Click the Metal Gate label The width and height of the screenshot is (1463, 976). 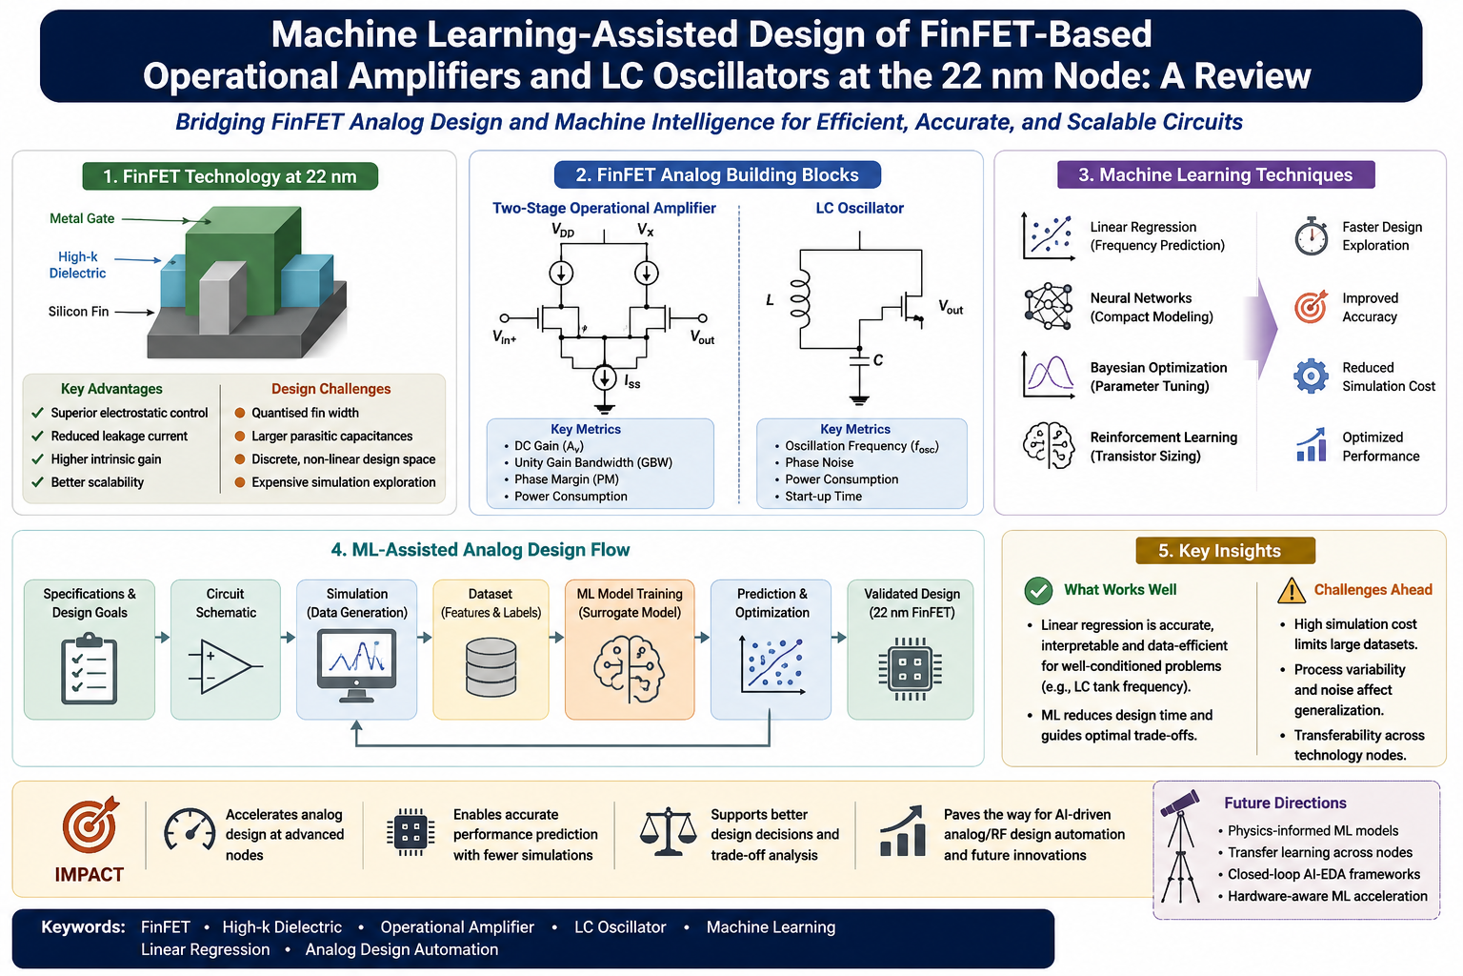click(82, 218)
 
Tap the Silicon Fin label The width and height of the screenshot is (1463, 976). click(78, 311)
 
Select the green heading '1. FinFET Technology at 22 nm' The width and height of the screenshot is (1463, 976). click(230, 176)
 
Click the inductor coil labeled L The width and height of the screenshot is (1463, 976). click(800, 299)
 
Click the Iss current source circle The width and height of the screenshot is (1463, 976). click(605, 377)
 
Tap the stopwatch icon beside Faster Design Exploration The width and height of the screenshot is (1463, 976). click(1311, 236)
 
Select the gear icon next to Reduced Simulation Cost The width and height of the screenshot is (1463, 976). click(1311, 376)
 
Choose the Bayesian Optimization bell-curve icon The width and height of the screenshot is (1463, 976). click(1049, 376)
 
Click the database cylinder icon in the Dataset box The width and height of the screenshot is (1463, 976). click(491, 667)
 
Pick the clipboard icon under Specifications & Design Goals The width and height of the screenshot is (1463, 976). click(90, 668)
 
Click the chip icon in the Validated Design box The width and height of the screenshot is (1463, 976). click(911, 669)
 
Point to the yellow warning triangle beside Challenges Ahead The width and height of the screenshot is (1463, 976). click(1291, 590)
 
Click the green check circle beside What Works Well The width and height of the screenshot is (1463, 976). click(1038, 591)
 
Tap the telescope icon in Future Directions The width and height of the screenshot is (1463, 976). click(1180, 846)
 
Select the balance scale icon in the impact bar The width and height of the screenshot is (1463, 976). click(668, 831)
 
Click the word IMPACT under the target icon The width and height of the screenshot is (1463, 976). click(90, 875)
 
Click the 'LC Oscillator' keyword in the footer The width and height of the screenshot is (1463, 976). click(620, 927)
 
